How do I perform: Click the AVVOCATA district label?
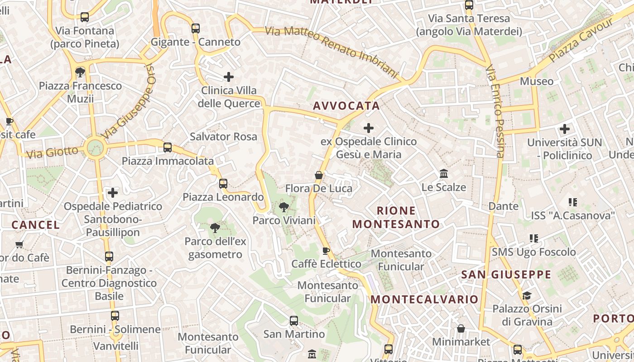click(346, 106)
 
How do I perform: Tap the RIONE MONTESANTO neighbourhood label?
click(396, 217)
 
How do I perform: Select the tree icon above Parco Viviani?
click(284, 208)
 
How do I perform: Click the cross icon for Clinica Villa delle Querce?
click(229, 77)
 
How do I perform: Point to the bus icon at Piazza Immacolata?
click(168, 148)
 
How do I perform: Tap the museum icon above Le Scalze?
click(444, 174)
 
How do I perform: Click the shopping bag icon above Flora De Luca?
click(319, 175)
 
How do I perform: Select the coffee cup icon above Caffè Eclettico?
click(326, 251)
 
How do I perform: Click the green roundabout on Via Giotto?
click(95, 147)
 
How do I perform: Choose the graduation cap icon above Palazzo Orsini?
click(527, 296)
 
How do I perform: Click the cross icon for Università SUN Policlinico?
click(564, 129)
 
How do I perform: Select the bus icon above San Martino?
click(294, 321)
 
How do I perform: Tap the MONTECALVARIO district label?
click(424, 300)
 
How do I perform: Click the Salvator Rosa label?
click(223, 137)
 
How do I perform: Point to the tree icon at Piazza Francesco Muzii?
click(80, 72)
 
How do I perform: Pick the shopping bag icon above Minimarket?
click(461, 329)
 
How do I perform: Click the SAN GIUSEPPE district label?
click(506, 275)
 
